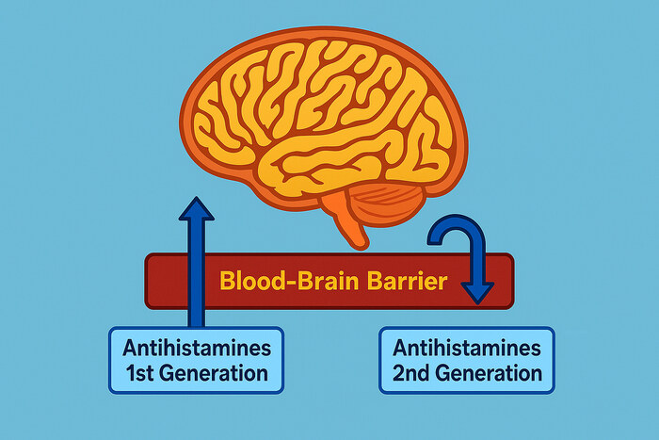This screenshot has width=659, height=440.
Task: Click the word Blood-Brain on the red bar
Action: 275,281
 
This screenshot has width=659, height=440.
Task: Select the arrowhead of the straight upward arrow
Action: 197,208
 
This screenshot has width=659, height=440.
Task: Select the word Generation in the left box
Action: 215,372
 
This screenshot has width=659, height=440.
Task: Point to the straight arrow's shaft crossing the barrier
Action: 197,281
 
